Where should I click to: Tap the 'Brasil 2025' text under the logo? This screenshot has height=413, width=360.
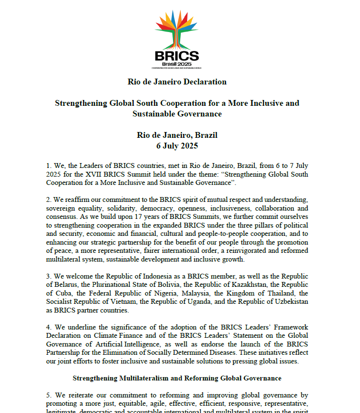[x=177, y=63]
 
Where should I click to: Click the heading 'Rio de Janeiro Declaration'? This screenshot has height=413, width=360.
[x=177, y=82]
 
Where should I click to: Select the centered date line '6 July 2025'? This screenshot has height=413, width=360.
[x=177, y=146]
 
